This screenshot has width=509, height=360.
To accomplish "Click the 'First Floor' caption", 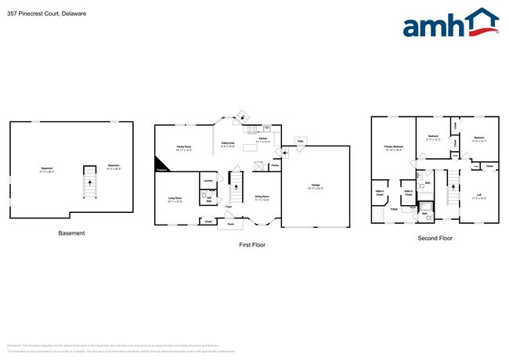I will pyautogui.click(x=252, y=245).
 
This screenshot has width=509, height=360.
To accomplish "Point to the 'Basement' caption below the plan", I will pyautogui.click(x=72, y=233).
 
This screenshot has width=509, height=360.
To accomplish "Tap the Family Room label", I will pyautogui.click(x=183, y=148).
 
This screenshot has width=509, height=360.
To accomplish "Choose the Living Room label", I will pyautogui.click(x=175, y=199).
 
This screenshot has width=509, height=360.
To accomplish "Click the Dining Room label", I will pyautogui.click(x=262, y=198).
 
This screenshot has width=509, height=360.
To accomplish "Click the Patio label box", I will pyautogui.click(x=300, y=141).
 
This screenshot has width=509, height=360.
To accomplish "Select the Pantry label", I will pyautogui.click(x=274, y=166).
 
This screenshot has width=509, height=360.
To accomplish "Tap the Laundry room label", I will pyautogui.click(x=208, y=180).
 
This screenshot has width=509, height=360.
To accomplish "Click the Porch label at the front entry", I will pyautogui.click(x=231, y=224).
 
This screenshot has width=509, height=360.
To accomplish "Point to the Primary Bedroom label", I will pyautogui.click(x=393, y=148).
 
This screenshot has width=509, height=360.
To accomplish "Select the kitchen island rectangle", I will pyautogui.click(x=252, y=148).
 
